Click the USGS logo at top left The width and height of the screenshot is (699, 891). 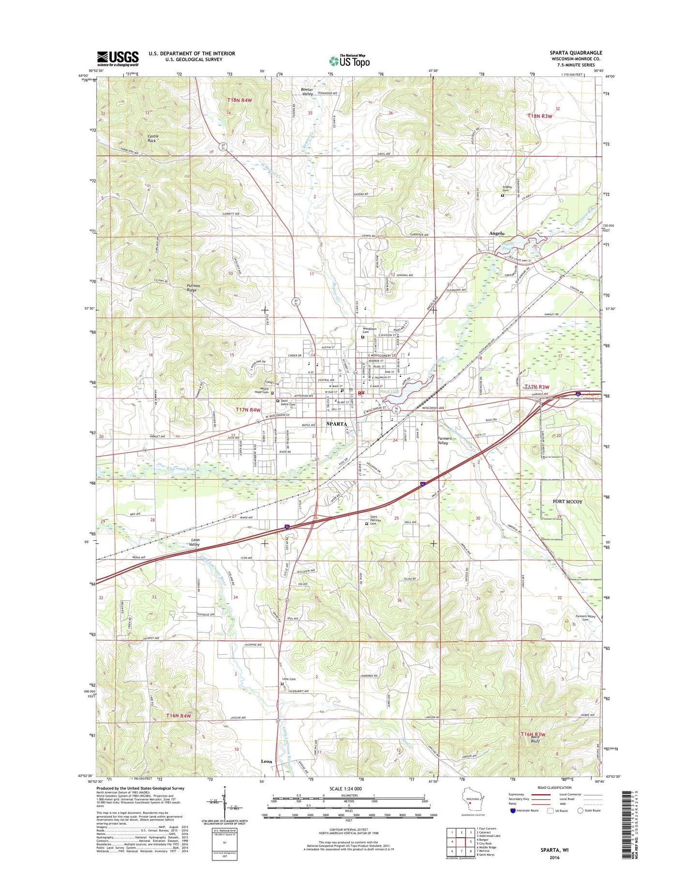tap(118, 59)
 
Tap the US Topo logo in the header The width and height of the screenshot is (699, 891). tap(349, 61)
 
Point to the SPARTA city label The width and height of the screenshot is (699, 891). tap(337, 424)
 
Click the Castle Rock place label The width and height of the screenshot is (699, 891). tap(153, 138)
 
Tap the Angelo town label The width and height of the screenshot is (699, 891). tap(496, 233)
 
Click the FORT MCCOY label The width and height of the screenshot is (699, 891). tap(567, 502)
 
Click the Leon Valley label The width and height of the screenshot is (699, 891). tap(194, 542)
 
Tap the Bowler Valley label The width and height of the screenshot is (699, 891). tap(307, 91)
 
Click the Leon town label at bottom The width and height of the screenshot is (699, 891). tap(267, 761)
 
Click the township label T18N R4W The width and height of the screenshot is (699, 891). tap(240, 100)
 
